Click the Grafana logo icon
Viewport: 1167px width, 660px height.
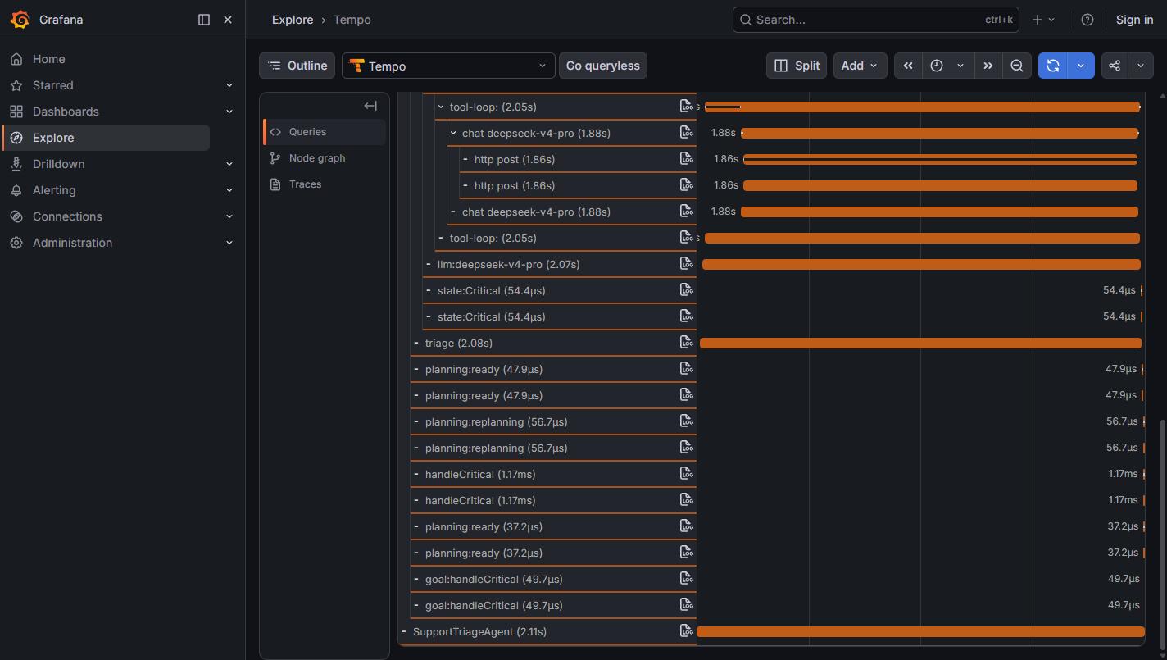click(20, 20)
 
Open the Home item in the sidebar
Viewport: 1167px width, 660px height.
click(48, 59)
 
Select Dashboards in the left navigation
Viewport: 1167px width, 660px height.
click(65, 111)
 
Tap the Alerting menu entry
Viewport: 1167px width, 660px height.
click(53, 189)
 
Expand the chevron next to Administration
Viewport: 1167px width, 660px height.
click(229, 243)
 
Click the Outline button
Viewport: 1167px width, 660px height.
click(297, 66)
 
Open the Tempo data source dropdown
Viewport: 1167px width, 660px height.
click(448, 66)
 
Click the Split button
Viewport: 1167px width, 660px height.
click(796, 66)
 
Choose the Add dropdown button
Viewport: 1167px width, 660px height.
click(860, 66)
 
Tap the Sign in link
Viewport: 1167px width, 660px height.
click(1134, 20)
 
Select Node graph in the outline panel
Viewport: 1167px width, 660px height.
click(317, 158)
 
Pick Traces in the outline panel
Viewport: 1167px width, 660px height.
click(305, 184)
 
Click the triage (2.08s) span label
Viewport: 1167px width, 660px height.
click(458, 343)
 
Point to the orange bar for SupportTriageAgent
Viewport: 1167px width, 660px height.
click(920, 632)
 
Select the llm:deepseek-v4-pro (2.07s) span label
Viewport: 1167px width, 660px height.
click(508, 264)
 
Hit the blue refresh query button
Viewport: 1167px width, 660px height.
click(1052, 66)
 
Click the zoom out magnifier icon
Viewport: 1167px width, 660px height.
click(1016, 66)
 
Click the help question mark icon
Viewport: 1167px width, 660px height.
click(1087, 20)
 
